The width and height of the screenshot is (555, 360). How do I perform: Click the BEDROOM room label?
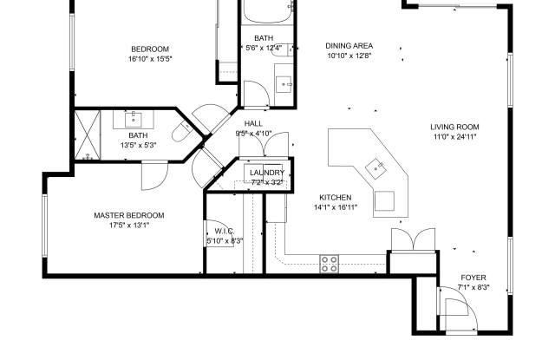pyautogui.click(x=150, y=49)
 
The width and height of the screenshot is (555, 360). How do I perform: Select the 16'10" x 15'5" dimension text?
pyautogui.click(x=150, y=59)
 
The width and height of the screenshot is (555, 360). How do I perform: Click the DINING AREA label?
pyautogui.click(x=349, y=46)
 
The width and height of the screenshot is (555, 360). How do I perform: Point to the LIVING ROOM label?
pyautogui.click(x=454, y=127)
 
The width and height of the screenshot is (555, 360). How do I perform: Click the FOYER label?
pyautogui.click(x=473, y=277)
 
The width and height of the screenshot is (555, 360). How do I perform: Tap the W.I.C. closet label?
pyautogui.click(x=225, y=231)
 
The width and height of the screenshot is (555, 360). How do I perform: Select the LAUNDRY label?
pyautogui.click(x=266, y=173)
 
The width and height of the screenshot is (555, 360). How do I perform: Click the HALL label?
pyautogui.click(x=253, y=124)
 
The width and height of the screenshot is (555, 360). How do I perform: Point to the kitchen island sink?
pyautogui.click(x=375, y=165)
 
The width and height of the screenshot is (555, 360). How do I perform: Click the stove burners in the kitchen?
pyautogui.click(x=330, y=264)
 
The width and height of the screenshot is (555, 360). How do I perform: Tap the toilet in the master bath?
pyautogui.click(x=181, y=131)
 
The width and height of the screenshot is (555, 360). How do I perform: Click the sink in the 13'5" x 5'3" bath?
pyautogui.click(x=137, y=117)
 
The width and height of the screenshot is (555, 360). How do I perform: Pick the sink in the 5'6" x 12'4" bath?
pyautogui.click(x=284, y=84)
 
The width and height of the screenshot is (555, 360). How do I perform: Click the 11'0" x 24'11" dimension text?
pyautogui.click(x=454, y=137)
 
